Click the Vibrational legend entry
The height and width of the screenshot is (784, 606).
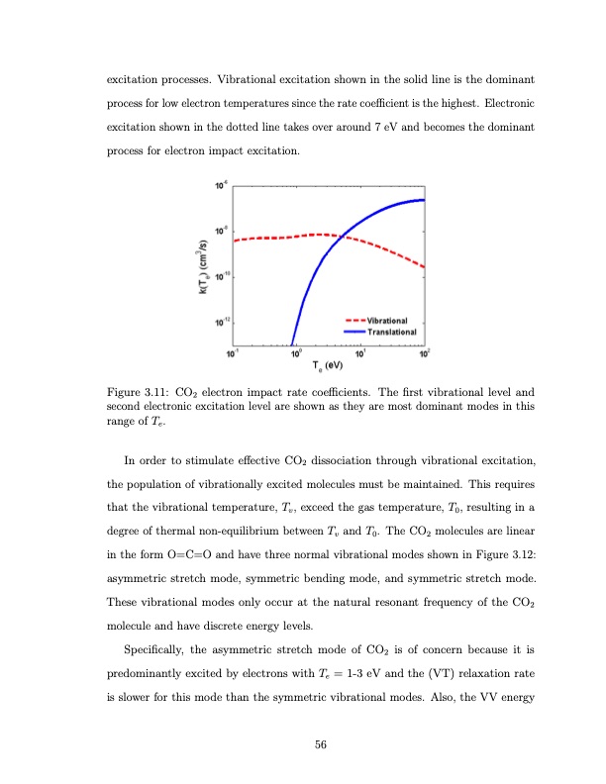tap(393, 322)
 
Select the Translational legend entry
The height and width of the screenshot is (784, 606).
tap(395, 332)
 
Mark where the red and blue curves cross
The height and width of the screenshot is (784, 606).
tap(337, 236)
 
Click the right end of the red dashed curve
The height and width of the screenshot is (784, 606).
tap(425, 267)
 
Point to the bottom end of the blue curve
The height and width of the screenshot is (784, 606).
tap(291, 343)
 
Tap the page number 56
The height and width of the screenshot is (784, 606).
tap(321, 743)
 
